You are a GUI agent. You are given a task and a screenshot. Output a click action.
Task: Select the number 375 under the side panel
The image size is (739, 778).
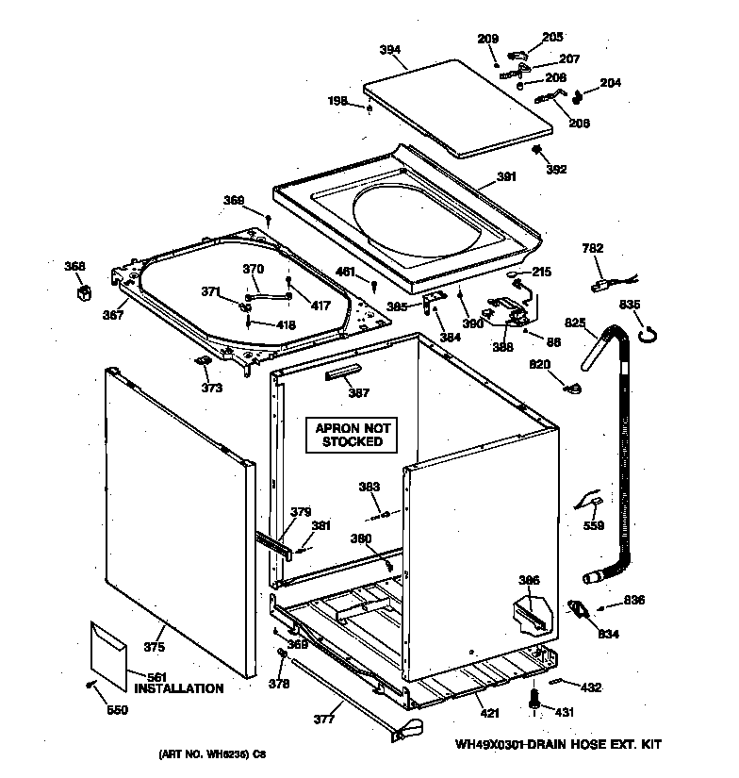tap(154, 647)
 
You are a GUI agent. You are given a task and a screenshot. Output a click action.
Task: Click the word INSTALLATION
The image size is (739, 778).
tap(179, 688)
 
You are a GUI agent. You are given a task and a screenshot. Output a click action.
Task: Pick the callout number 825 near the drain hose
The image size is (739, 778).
tap(575, 323)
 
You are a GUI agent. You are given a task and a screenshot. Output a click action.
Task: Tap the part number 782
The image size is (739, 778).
tap(593, 248)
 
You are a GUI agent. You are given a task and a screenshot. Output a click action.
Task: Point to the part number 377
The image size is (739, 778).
tap(323, 719)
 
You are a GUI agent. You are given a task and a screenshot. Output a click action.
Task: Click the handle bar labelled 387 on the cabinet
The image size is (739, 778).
tap(346, 374)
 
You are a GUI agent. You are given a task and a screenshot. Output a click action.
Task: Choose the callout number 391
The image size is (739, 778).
tap(506, 176)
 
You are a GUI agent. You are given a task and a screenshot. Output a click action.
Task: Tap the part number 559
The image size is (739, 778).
tap(592, 526)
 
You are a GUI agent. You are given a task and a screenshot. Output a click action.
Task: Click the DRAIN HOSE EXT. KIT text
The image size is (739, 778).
tap(604, 745)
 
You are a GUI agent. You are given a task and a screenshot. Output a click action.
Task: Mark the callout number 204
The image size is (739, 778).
tap(611, 83)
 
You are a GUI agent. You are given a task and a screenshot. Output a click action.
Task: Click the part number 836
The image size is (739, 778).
tap(633, 601)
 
